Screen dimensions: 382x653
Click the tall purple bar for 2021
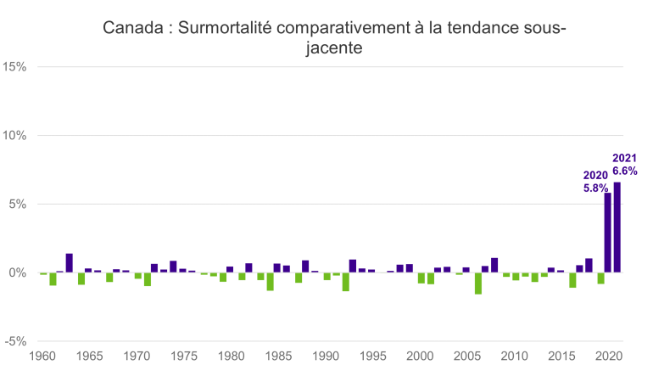coord(617,228)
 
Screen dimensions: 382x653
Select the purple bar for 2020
coord(608,233)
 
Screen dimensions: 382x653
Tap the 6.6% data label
coord(624,171)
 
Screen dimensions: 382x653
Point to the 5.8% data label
coord(595,188)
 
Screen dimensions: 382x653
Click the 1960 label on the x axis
coord(42,358)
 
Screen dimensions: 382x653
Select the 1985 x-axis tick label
coord(278,358)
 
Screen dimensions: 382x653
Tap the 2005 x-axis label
coord(466,358)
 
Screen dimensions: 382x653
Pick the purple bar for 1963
coord(70,263)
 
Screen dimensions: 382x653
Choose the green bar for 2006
coord(478,283)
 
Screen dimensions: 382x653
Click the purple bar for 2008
coord(494,265)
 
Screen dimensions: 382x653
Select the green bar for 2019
coord(600,278)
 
